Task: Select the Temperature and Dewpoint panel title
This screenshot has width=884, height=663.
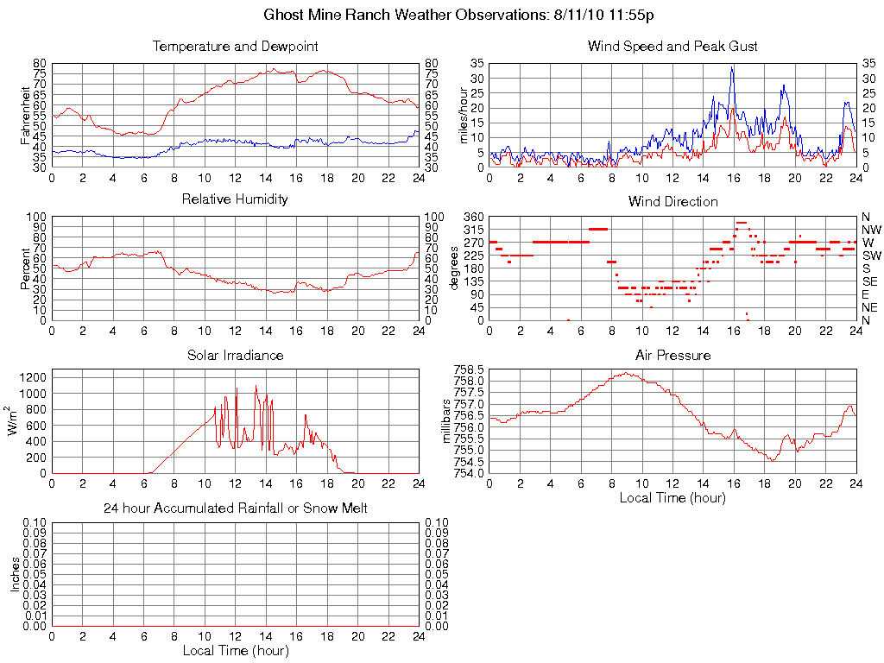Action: [x=235, y=47]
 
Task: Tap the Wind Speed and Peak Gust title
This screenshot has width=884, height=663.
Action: [x=672, y=47]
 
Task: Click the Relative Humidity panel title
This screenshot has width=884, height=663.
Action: [x=235, y=199]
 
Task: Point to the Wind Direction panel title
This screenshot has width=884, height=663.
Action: [x=672, y=202]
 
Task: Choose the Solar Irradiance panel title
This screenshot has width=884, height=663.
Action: [x=235, y=355]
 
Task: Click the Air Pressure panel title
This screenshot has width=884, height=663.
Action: [x=672, y=355]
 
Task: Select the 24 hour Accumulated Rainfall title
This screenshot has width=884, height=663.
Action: [x=235, y=508]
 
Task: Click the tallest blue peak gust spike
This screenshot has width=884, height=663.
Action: [x=732, y=67]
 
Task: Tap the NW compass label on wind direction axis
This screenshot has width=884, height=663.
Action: [x=871, y=230]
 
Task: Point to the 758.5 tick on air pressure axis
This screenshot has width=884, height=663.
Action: [x=467, y=369]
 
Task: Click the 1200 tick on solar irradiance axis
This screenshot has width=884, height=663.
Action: [x=33, y=377]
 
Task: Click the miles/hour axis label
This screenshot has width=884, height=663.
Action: [x=464, y=115]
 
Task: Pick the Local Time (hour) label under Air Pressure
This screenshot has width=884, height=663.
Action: [x=672, y=497]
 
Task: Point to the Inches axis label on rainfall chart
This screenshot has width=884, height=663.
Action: [x=15, y=574]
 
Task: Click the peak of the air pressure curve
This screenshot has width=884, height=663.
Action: [x=627, y=373]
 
